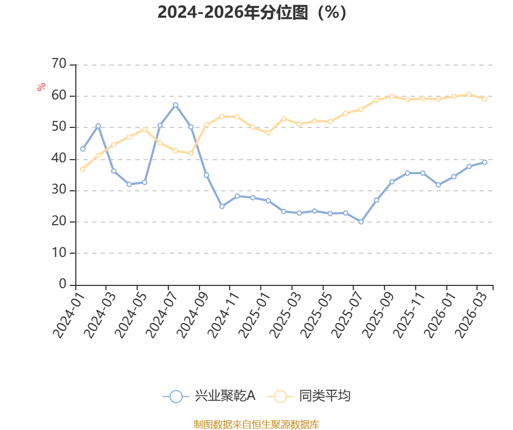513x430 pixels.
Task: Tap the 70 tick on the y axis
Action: pos(59,63)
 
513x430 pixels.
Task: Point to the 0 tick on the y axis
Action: pos(62,284)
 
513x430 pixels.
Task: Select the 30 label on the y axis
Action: pos(59,190)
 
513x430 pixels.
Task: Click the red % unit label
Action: pos(41,87)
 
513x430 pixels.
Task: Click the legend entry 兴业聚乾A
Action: pos(209,396)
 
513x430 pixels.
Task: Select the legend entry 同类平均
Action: pos(309,396)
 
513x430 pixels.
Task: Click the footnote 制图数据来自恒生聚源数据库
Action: pos(256,425)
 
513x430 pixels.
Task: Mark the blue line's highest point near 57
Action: pos(175,105)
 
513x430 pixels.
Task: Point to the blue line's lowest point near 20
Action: pos(361,221)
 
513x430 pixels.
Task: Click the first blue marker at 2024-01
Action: pos(83,149)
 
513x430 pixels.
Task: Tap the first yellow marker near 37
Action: pos(83,169)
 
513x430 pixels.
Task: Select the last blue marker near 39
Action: pos(484,162)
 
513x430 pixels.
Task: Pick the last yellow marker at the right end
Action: pos(484,99)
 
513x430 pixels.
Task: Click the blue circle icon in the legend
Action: pos(176,396)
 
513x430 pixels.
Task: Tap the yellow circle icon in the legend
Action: pos(280,396)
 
